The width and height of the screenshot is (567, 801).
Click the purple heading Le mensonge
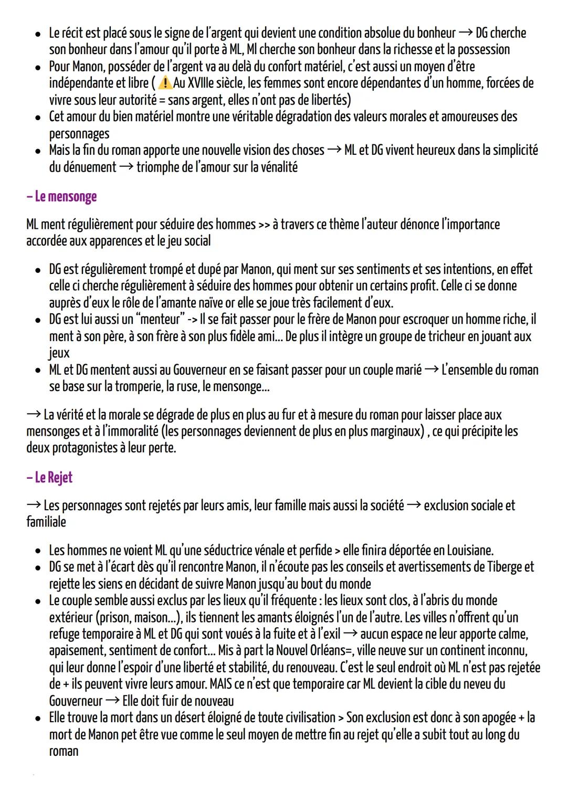click(61, 197)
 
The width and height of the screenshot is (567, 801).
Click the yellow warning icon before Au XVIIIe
click(164, 83)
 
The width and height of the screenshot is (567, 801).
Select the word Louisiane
click(470, 551)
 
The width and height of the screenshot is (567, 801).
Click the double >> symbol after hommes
click(264, 225)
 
